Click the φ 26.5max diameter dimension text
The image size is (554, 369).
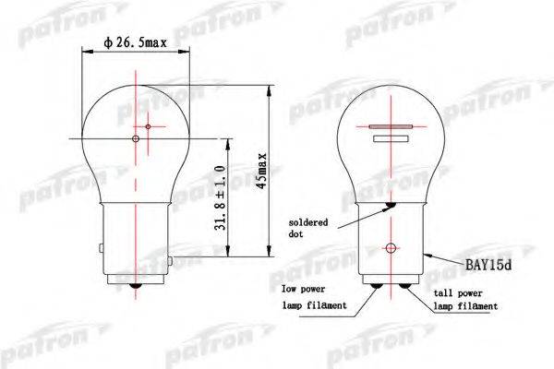click(136, 42)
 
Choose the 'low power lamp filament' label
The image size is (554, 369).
click(315, 297)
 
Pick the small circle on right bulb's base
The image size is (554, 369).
click(391, 247)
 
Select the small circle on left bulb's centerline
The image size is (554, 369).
click(136, 139)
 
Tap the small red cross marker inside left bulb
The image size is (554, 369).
click(149, 125)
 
